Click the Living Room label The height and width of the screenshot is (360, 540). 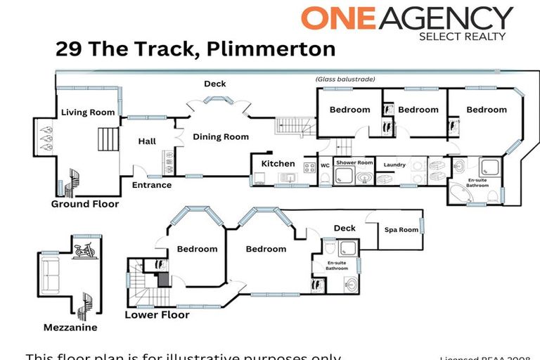pyautogui.click(x=87, y=112)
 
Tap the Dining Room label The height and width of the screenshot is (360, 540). pyautogui.click(x=221, y=137)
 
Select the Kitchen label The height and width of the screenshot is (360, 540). pyautogui.click(x=278, y=164)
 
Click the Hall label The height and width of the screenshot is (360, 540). pyautogui.click(x=147, y=141)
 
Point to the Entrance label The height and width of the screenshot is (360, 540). pyautogui.click(x=152, y=186)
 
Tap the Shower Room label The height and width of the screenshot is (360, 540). pyautogui.click(x=354, y=162)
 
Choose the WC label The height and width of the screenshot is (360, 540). pyautogui.click(x=325, y=166)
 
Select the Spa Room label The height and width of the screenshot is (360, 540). pyautogui.click(x=401, y=230)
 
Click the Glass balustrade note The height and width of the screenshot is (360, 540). pyautogui.click(x=345, y=79)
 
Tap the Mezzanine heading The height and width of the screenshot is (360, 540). pyautogui.click(x=70, y=328)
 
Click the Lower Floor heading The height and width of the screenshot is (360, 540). pyautogui.click(x=157, y=315)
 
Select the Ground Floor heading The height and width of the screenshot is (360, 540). pyautogui.click(x=84, y=204)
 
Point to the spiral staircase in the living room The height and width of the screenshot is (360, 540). pyautogui.click(x=72, y=181)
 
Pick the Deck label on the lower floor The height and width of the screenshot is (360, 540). pyautogui.click(x=345, y=228)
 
